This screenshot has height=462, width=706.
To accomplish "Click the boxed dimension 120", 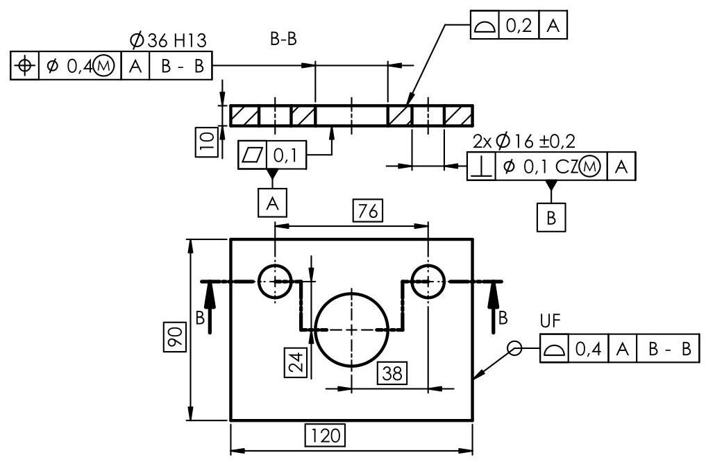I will tap(325, 436).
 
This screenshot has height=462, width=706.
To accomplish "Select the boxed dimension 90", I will tap(177, 337).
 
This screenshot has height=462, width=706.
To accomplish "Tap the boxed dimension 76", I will tap(368, 210).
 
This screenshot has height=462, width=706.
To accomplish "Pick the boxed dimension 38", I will tap(392, 373).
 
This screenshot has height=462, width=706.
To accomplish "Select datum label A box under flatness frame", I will tap(273, 203).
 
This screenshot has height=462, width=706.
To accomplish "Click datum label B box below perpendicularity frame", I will tap(551, 217).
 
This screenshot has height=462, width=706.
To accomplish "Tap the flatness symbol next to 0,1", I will tap(251, 155).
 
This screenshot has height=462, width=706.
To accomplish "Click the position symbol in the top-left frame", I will tap(25, 66).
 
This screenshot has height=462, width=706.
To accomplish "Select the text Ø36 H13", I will tap(168, 41).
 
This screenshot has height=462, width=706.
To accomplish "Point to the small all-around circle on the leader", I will tap(514, 349).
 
